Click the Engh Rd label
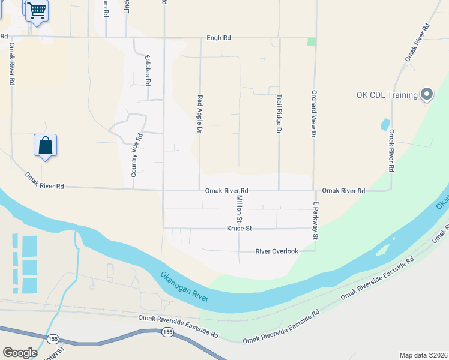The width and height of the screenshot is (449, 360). pyautogui.click(x=218, y=37)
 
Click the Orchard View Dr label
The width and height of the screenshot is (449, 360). pyautogui.click(x=313, y=114)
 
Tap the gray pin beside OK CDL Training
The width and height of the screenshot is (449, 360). pyautogui.click(x=427, y=94)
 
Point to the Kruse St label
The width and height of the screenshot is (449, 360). pyautogui.click(x=238, y=229)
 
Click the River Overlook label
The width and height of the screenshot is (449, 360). pyautogui.click(x=277, y=251)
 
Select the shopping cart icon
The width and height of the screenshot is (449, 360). pyautogui.click(x=37, y=10)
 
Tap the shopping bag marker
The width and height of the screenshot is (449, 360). pyautogui.click(x=45, y=145)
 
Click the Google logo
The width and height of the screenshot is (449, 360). pyautogui.click(x=20, y=353)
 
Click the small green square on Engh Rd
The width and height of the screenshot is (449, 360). pyautogui.click(x=311, y=41)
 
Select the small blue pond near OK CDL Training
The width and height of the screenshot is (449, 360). pyautogui.click(x=385, y=124)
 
